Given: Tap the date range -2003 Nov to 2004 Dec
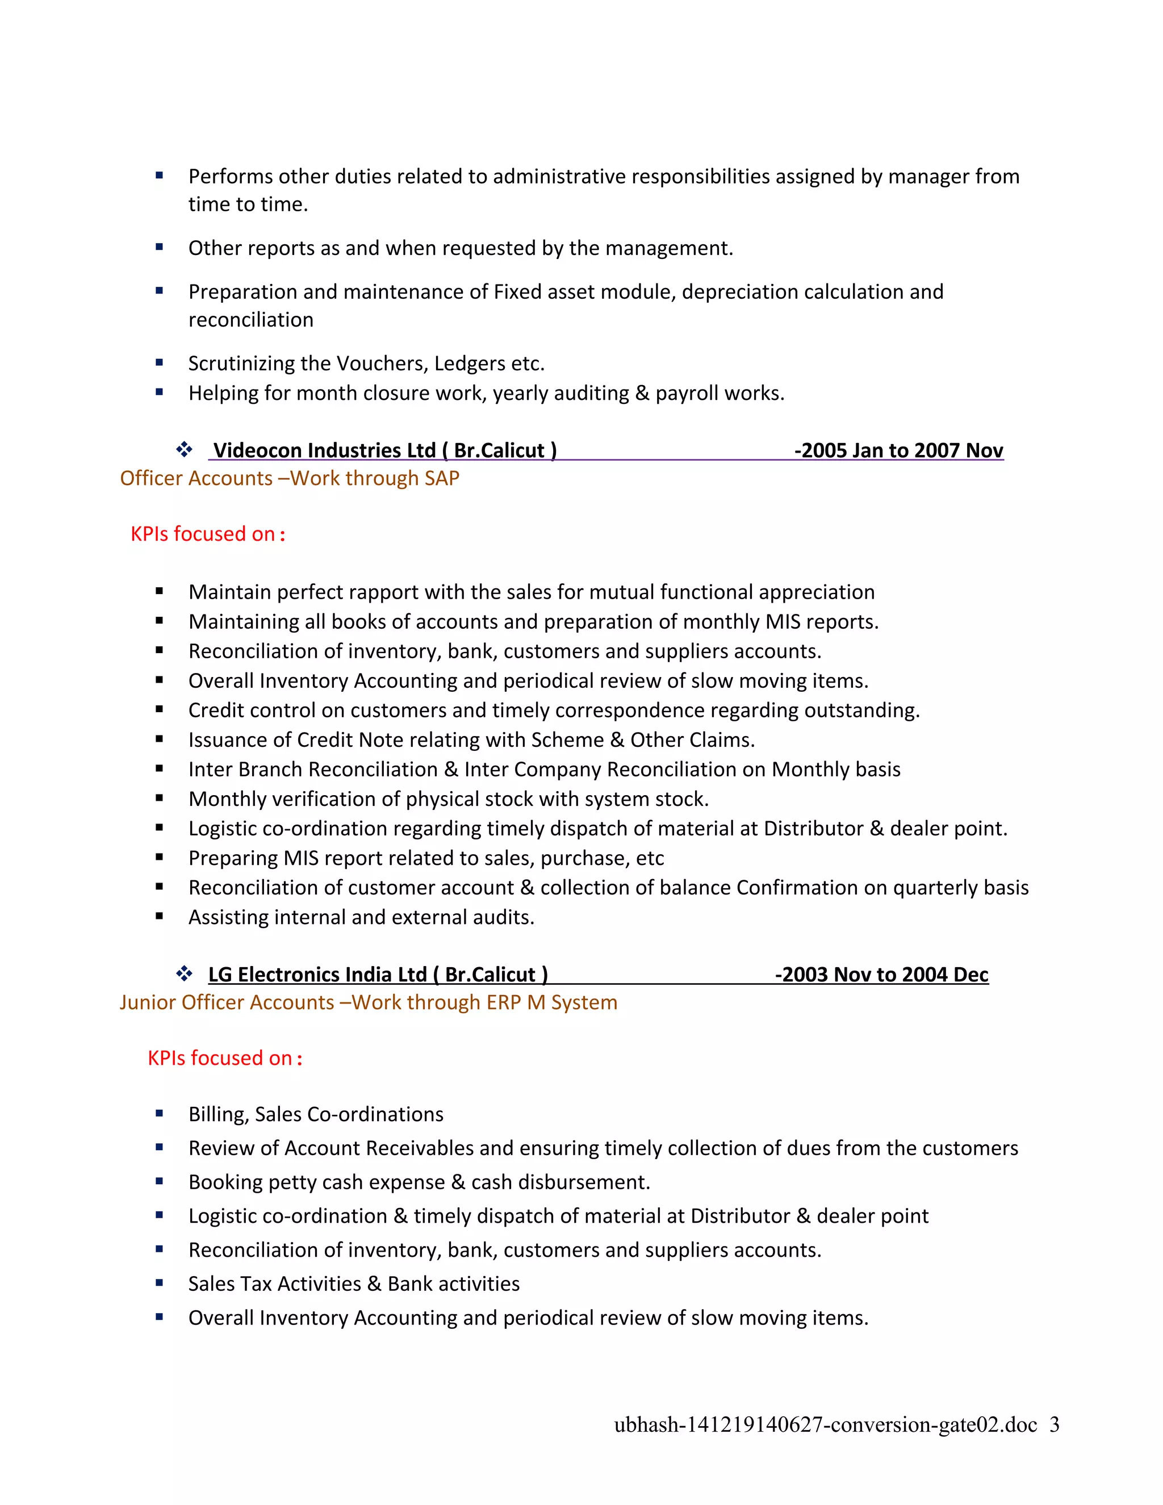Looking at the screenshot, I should pos(881,975).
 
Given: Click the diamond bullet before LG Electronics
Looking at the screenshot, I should pos(184,973).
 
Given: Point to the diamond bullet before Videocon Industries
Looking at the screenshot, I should pos(184,450).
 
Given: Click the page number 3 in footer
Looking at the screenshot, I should pos(1054,1424).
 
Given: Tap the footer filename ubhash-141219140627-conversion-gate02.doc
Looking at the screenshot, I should pos(825,1424).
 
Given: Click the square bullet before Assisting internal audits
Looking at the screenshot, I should pos(159,917).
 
